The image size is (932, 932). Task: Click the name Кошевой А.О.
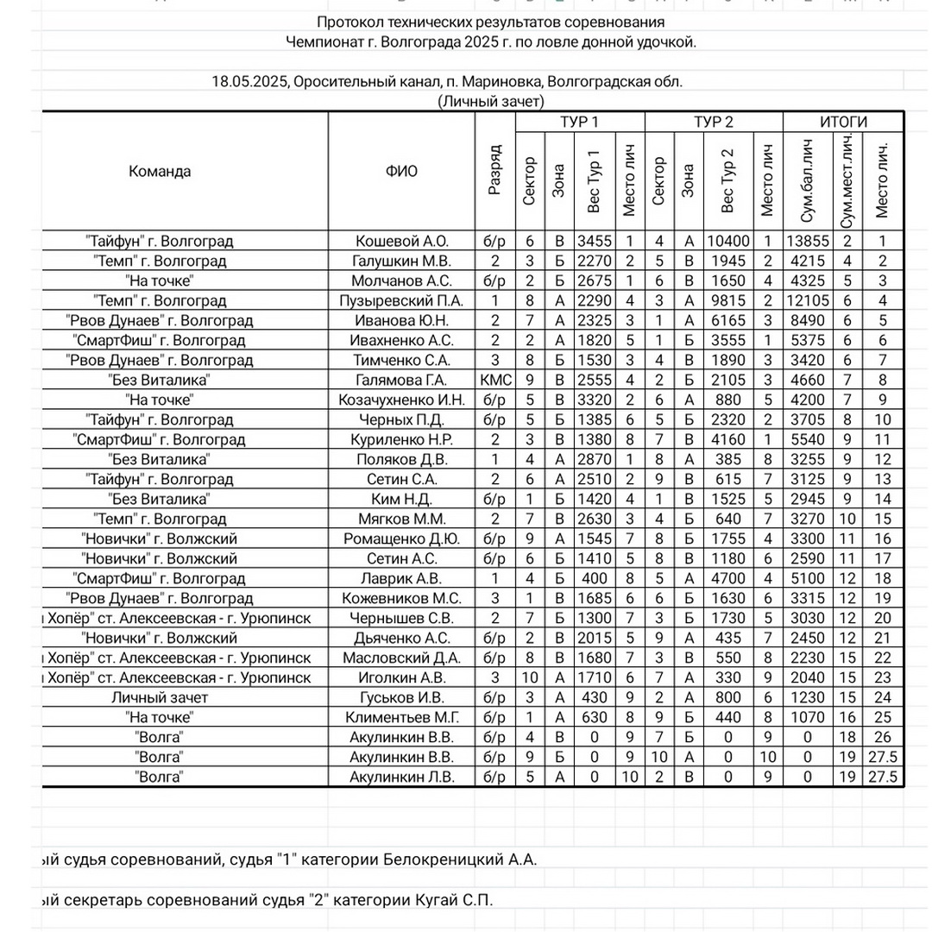pyautogui.click(x=401, y=241)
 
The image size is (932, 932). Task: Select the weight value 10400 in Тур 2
pyautogui.click(x=727, y=241)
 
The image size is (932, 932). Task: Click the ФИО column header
pyautogui.click(x=401, y=171)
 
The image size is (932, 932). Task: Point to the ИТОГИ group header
pyautogui.click(x=843, y=122)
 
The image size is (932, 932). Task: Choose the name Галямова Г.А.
pyautogui.click(x=401, y=380)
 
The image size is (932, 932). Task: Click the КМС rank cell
pyautogui.click(x=494, y=380)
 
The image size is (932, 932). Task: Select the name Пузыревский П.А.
pyautogui.click(x=401, y=300)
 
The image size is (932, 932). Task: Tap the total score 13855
pyautogui.click(x=807, y=241)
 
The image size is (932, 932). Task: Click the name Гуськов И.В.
pyautogui.click(x=401, y=697)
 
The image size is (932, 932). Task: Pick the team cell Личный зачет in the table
pyautogui.click(x=160, y=697)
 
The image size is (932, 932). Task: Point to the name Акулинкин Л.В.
pyautogui.click(x=401, y=777)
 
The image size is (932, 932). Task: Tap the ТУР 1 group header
pyautogui.click(x=579, y=122)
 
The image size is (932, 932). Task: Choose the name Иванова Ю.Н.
pyautogui.click(x=401, y=320)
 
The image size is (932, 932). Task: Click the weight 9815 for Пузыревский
pyautogui.click(x=727, y=300)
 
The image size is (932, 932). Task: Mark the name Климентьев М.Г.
pyautogui.click(x=401, y=717)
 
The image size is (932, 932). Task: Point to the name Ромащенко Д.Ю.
pyautogui.click(x=401, y=538)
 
